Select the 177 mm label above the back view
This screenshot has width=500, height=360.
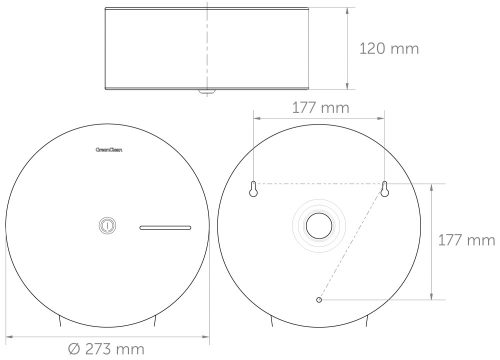point(319,107)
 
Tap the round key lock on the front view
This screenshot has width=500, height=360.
point(106,227)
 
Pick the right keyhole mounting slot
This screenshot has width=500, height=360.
point(383,187)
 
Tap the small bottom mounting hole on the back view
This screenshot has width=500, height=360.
point(318,299)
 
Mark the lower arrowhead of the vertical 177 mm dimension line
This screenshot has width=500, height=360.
point(431,296)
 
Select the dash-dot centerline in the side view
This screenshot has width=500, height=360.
point(208,50)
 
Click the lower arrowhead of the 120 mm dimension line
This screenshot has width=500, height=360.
point(347,90)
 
